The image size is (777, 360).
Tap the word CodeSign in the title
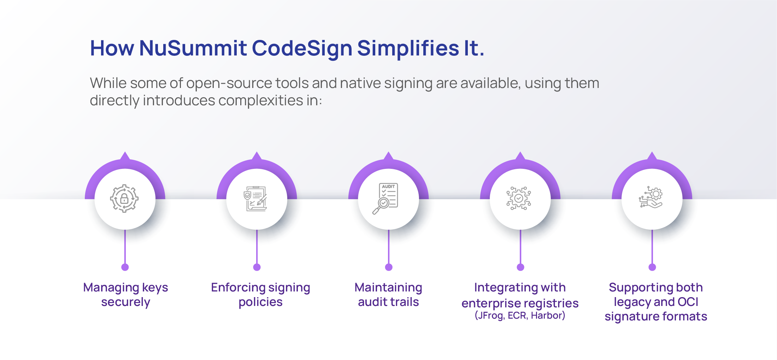click(302, 49)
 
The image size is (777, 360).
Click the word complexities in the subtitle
click(261, 101)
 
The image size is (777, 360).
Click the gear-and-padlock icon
click(124, 199)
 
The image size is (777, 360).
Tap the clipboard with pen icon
click(256, 199)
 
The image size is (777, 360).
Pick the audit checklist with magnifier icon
click(385, 199)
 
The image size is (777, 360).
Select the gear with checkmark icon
click(519, 198)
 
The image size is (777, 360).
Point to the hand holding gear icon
click(651, 197)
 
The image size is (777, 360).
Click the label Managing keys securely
click(125, 295)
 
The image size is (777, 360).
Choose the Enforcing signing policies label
click(260, 295)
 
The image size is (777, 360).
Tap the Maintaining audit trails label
click(388, 295)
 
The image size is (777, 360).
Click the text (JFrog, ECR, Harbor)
click(520, 315)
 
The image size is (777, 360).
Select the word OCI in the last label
click(688, 302)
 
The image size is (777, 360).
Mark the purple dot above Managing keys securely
click(125, 267)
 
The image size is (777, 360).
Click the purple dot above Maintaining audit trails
click(389, 267)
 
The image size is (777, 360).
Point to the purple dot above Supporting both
click(652, 267)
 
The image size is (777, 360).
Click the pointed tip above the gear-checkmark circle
click(520, 152)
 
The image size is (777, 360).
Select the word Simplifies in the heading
click(408, 49)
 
